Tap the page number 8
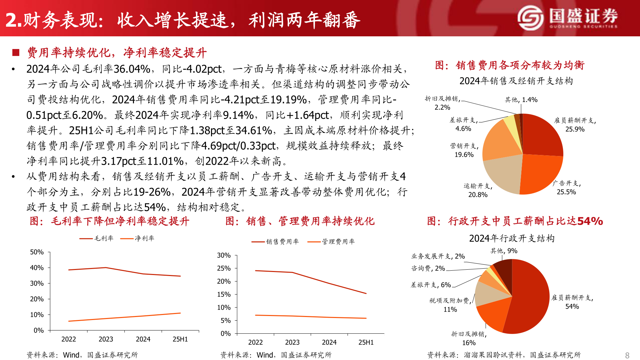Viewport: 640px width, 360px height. pyautogui.click(x=627, y=355)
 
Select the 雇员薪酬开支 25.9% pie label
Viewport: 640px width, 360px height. pyautogui.click(x=575, y=125)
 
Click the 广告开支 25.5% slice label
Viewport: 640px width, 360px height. pyautogui.click(x=567, y=188)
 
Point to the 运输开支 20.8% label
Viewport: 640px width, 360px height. pyautogui.click(x=478, y=190)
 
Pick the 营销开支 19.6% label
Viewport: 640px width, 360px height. pyautogui.click(x=464, y=150)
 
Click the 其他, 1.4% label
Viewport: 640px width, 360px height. pyautogui.click(x=521, y=100)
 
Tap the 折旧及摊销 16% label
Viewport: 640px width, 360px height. pyautogui.click(x=469, y=338)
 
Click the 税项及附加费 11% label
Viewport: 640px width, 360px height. pyautogui.click(x=450, y=305)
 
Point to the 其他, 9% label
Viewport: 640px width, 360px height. pyautogui.click(x=504, y=251)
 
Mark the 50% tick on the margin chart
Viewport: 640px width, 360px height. pyautogui.click(x=37, y=252)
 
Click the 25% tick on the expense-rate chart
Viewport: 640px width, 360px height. pyautogui.click(x=224, y=268)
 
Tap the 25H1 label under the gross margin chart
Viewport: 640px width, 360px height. pyautogui.click(x=180, y=339)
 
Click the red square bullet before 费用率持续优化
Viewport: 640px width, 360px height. pyautogui.click(x=16, y=53)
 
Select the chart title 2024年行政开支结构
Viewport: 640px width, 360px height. pyautogui.click(x=512, y=238)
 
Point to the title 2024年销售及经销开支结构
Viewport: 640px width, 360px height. pyautogui.click(x=516, y=81)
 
